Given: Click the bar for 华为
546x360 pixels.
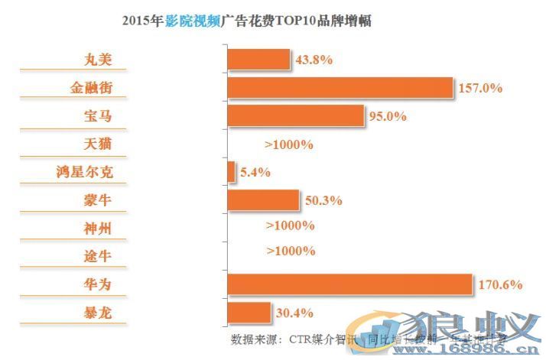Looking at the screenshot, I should pos(349,284).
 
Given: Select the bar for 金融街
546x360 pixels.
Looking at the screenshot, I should pos(340,88).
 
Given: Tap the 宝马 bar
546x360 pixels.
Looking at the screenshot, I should pos(295,116).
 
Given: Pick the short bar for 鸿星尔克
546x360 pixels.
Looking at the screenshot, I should pos(231,172).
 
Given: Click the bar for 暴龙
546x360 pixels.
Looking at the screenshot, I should pos(249,312).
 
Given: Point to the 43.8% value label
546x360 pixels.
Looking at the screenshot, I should pos(314,60).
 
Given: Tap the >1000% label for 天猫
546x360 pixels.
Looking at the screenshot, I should pos(290,144).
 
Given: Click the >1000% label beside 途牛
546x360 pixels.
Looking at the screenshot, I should pos(290,251).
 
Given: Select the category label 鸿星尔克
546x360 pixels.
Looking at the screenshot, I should pos(89,172).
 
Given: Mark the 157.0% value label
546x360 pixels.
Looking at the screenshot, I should pos(479,88).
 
